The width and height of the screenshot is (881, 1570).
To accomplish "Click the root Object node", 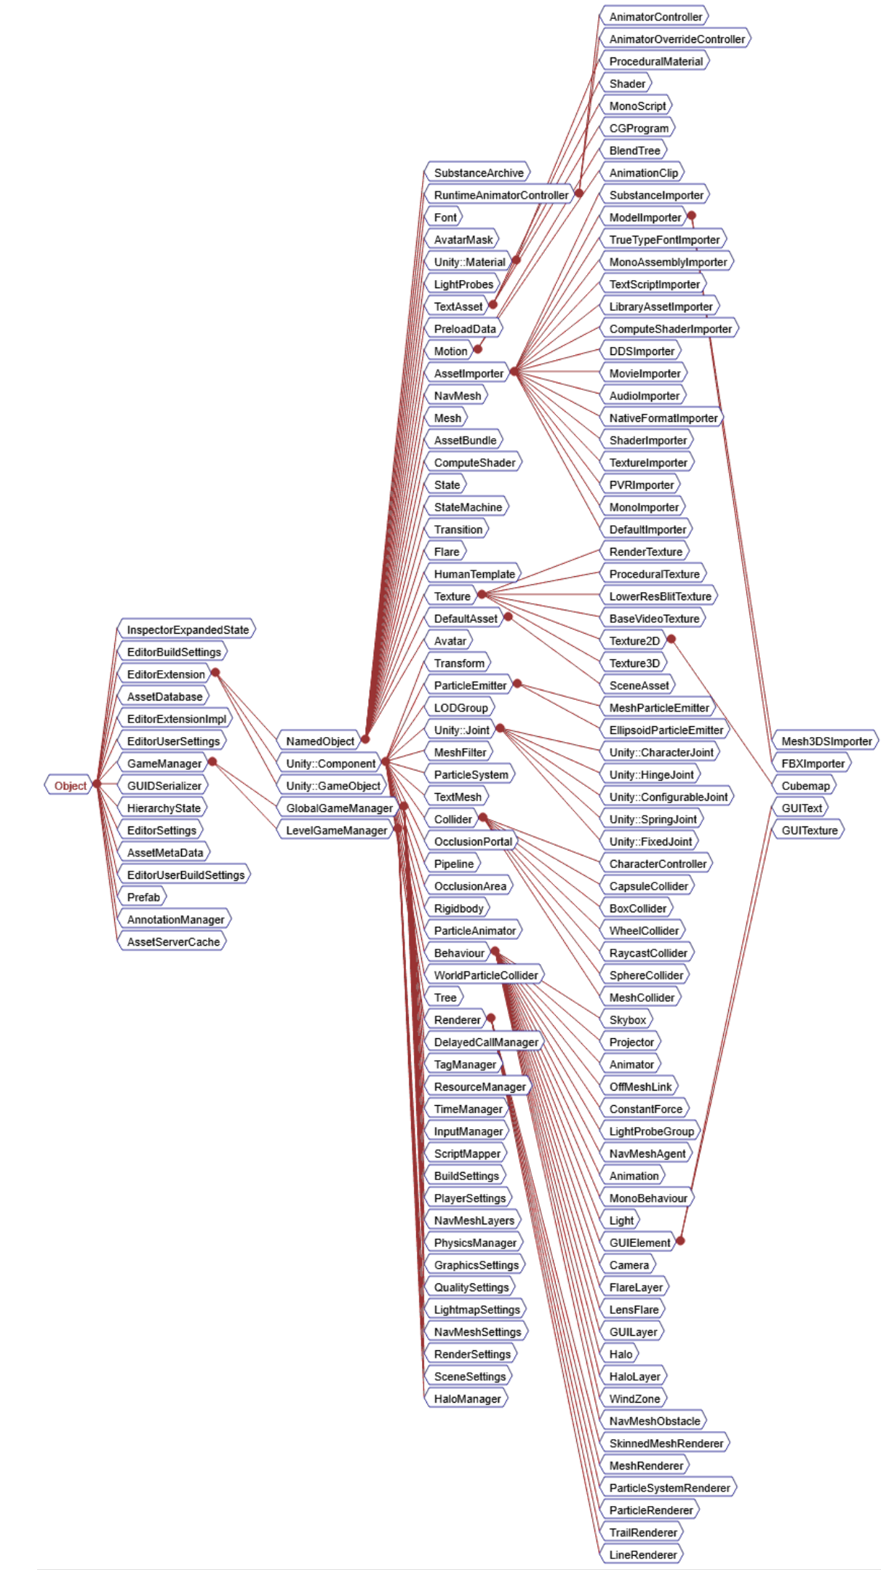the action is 70,786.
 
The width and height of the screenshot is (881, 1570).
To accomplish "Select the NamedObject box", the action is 319,741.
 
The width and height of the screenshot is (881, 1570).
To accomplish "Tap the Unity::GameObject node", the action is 332,786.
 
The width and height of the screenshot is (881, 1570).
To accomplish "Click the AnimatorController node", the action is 655,17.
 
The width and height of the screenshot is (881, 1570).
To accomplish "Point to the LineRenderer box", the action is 642,1555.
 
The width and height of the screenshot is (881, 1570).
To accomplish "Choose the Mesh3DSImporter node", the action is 826,741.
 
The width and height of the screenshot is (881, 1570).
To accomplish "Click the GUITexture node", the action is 809,830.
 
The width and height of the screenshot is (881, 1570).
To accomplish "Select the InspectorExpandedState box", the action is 187,630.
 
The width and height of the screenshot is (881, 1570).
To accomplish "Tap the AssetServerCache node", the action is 172,942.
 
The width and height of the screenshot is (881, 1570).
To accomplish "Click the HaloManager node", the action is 467,1399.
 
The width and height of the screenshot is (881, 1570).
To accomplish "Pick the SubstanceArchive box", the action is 478,173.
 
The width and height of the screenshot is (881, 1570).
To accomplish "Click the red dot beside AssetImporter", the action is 514,372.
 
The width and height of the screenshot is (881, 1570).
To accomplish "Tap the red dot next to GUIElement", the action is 680,1241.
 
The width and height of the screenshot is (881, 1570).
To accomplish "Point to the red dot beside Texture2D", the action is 671,639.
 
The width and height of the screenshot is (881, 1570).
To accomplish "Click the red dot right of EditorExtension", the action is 215,672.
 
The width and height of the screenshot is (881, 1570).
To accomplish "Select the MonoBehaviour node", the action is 647,1198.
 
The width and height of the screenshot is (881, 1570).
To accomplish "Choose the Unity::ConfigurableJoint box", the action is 668,797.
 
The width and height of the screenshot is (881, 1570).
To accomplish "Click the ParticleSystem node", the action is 471,775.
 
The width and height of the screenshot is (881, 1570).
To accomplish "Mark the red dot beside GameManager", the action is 212,762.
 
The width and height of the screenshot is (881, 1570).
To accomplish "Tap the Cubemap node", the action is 805,786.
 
